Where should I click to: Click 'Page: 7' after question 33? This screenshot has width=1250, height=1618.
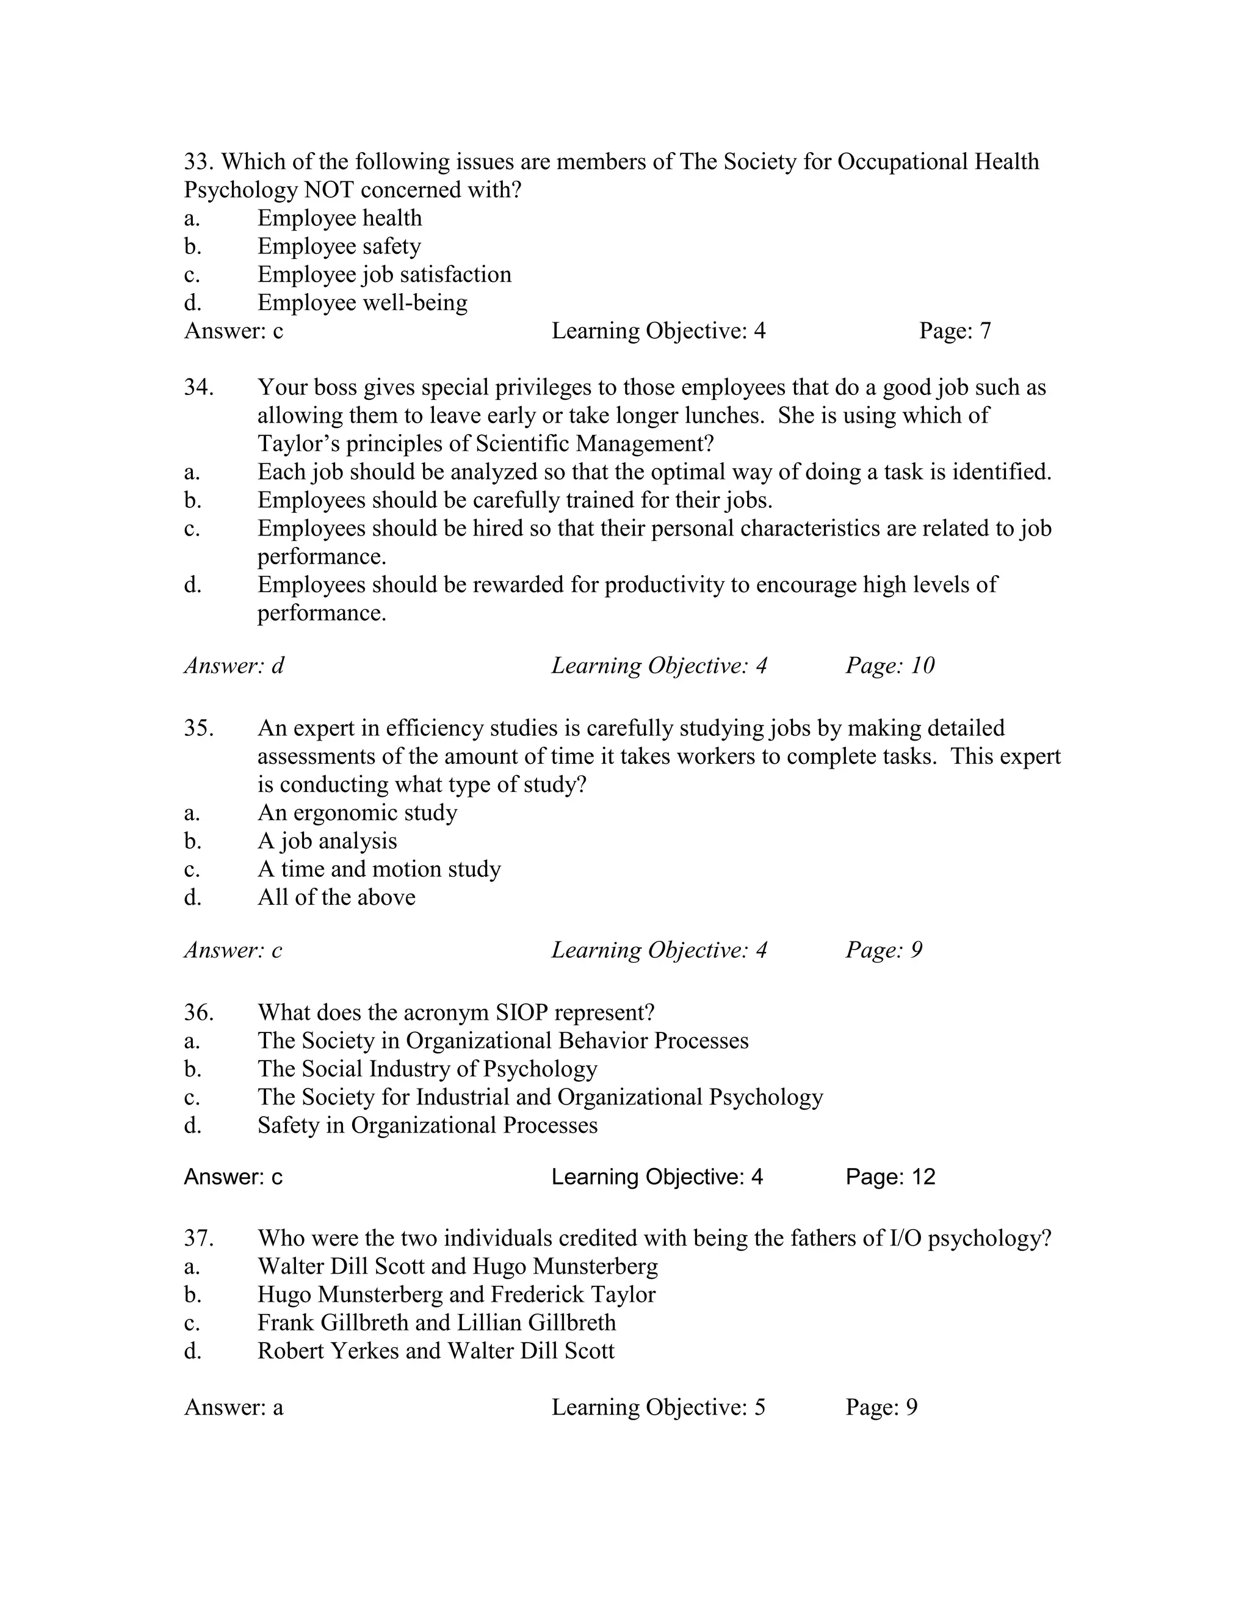pos(955,330)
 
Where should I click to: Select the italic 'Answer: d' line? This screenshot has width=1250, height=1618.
pos(234,666)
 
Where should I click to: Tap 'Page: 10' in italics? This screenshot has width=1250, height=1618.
pos(889,666)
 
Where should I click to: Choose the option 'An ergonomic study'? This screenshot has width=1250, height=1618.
pos(357,813)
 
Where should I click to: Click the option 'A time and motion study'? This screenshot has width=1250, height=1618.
pos(378,869)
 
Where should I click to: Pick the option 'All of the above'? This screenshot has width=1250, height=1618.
pos(336,897)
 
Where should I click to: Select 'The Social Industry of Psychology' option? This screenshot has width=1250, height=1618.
pos(427,1069)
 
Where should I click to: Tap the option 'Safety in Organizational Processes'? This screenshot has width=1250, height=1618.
pos(427,1125)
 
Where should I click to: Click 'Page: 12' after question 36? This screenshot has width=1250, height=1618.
pos(890,1177)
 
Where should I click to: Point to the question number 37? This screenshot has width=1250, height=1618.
pos(198,1238)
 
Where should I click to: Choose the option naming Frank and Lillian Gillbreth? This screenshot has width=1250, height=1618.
pos(436,1322)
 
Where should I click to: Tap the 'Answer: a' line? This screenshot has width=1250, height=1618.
pos(233,1407)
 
